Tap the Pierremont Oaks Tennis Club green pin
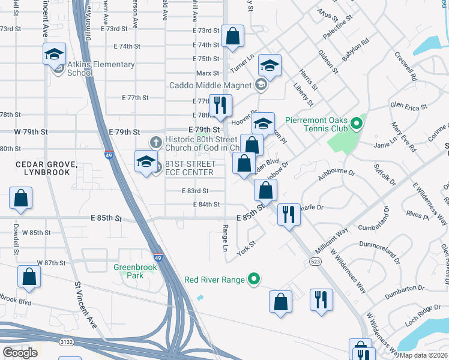(357, 124)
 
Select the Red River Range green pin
(255, 279)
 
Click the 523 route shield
(316, 261)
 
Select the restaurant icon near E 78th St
(220, 106)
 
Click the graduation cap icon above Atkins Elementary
(55, 54)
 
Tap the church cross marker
(155, 142)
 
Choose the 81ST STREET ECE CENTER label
(189, 168)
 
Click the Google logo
(20, 352)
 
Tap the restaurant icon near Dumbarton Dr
(321, 299)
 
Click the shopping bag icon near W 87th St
(29, 277)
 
